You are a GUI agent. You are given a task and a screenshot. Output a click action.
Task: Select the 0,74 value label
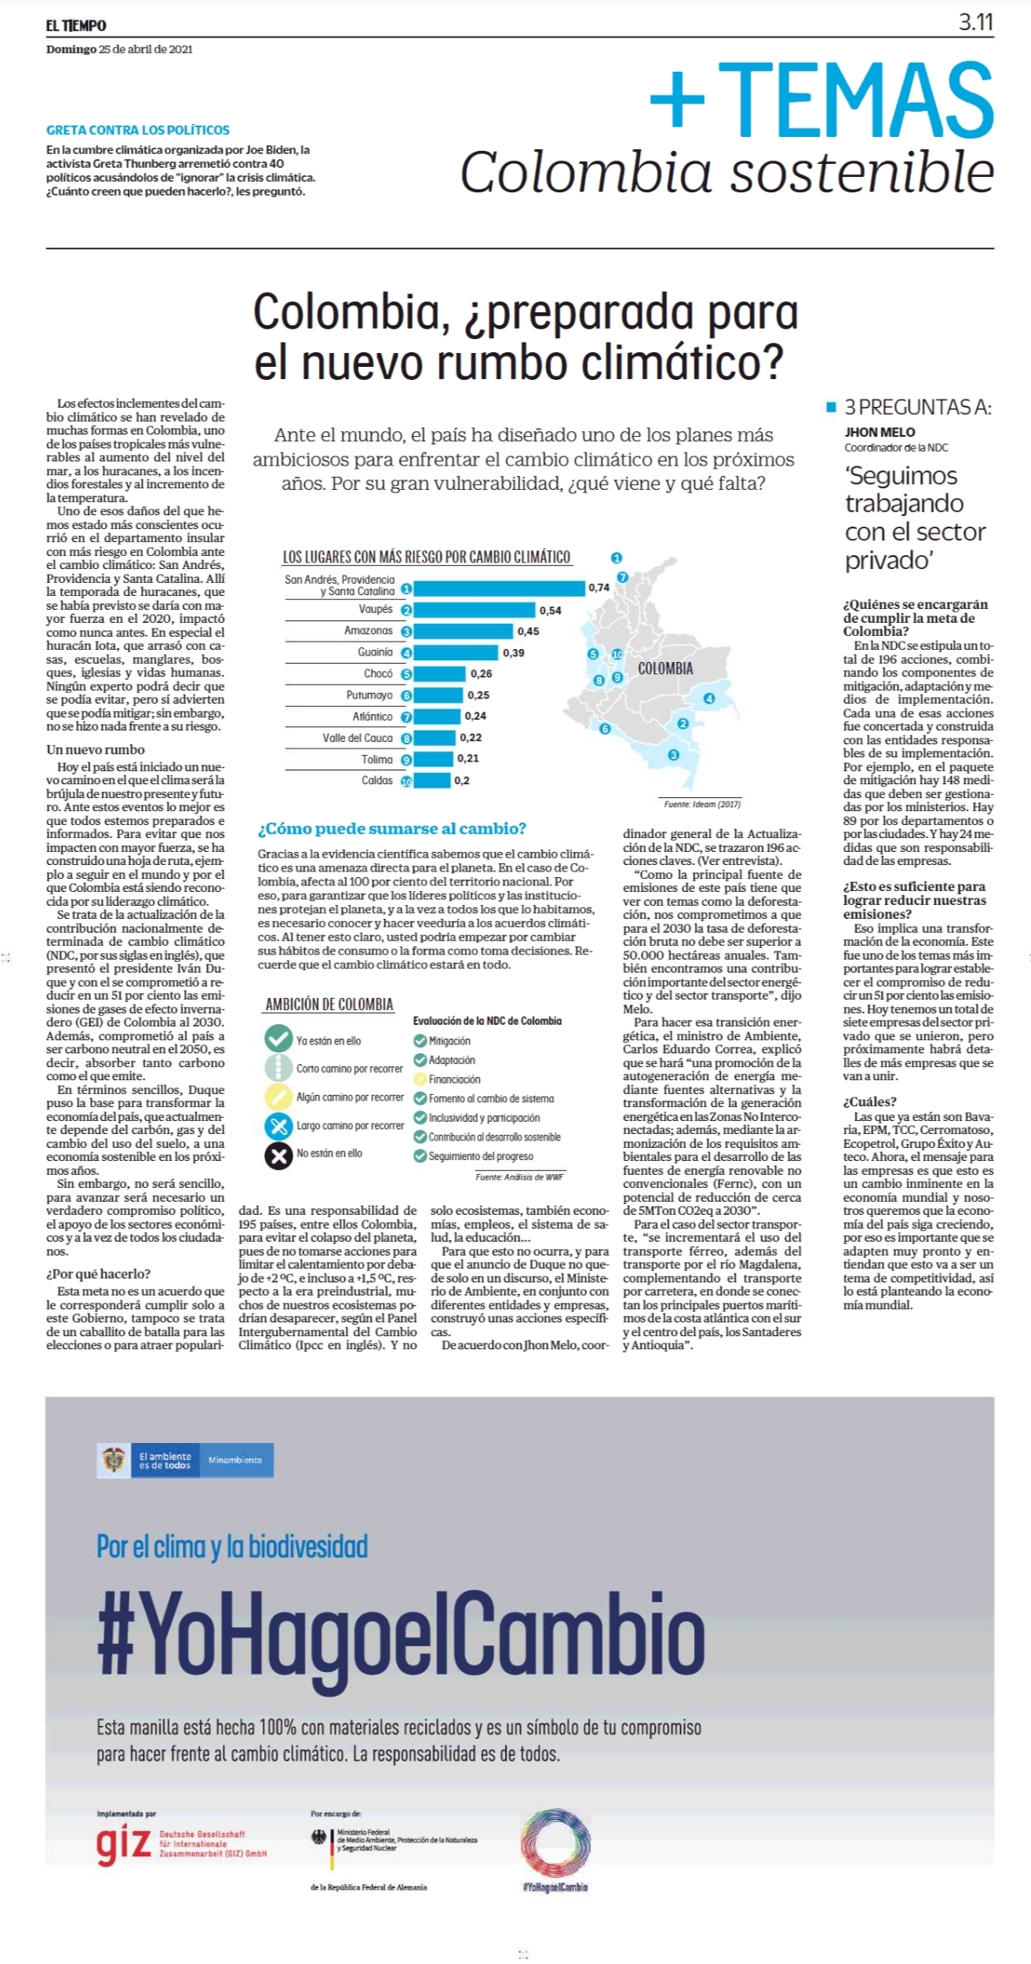click(599, 587)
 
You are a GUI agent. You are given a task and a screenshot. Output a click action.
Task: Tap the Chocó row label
click(378, 673)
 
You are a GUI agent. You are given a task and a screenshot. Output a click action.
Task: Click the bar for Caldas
click(432, 780)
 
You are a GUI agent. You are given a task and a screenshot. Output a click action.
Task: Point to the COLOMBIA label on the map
click(666, 669)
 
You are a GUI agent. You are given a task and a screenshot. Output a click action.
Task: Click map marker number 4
click(709, 698)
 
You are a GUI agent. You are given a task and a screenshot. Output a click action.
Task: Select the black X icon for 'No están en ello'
click(278, 1155)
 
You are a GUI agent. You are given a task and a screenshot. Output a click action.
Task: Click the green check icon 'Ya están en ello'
click(278, 1039)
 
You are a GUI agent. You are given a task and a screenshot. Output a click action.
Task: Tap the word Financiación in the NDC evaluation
click(454, 1079)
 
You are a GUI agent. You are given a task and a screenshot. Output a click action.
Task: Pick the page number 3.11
click(976, 22)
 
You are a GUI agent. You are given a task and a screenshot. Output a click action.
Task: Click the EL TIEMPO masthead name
click(76, 25)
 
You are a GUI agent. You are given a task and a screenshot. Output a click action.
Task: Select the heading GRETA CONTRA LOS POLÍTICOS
click(138, 130)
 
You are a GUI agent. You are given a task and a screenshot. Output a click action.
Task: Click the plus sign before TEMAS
click(677, 99)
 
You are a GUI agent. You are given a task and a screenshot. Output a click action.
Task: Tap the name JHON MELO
click(879, 432)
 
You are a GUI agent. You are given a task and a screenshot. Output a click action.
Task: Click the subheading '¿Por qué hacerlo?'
click(98, 1273)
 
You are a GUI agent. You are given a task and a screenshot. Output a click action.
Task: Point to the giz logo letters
click(123, 1845)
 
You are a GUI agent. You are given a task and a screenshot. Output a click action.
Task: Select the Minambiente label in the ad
click(235, 1459)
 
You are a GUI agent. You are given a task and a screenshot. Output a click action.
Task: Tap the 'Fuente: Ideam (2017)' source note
click(701, 804)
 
